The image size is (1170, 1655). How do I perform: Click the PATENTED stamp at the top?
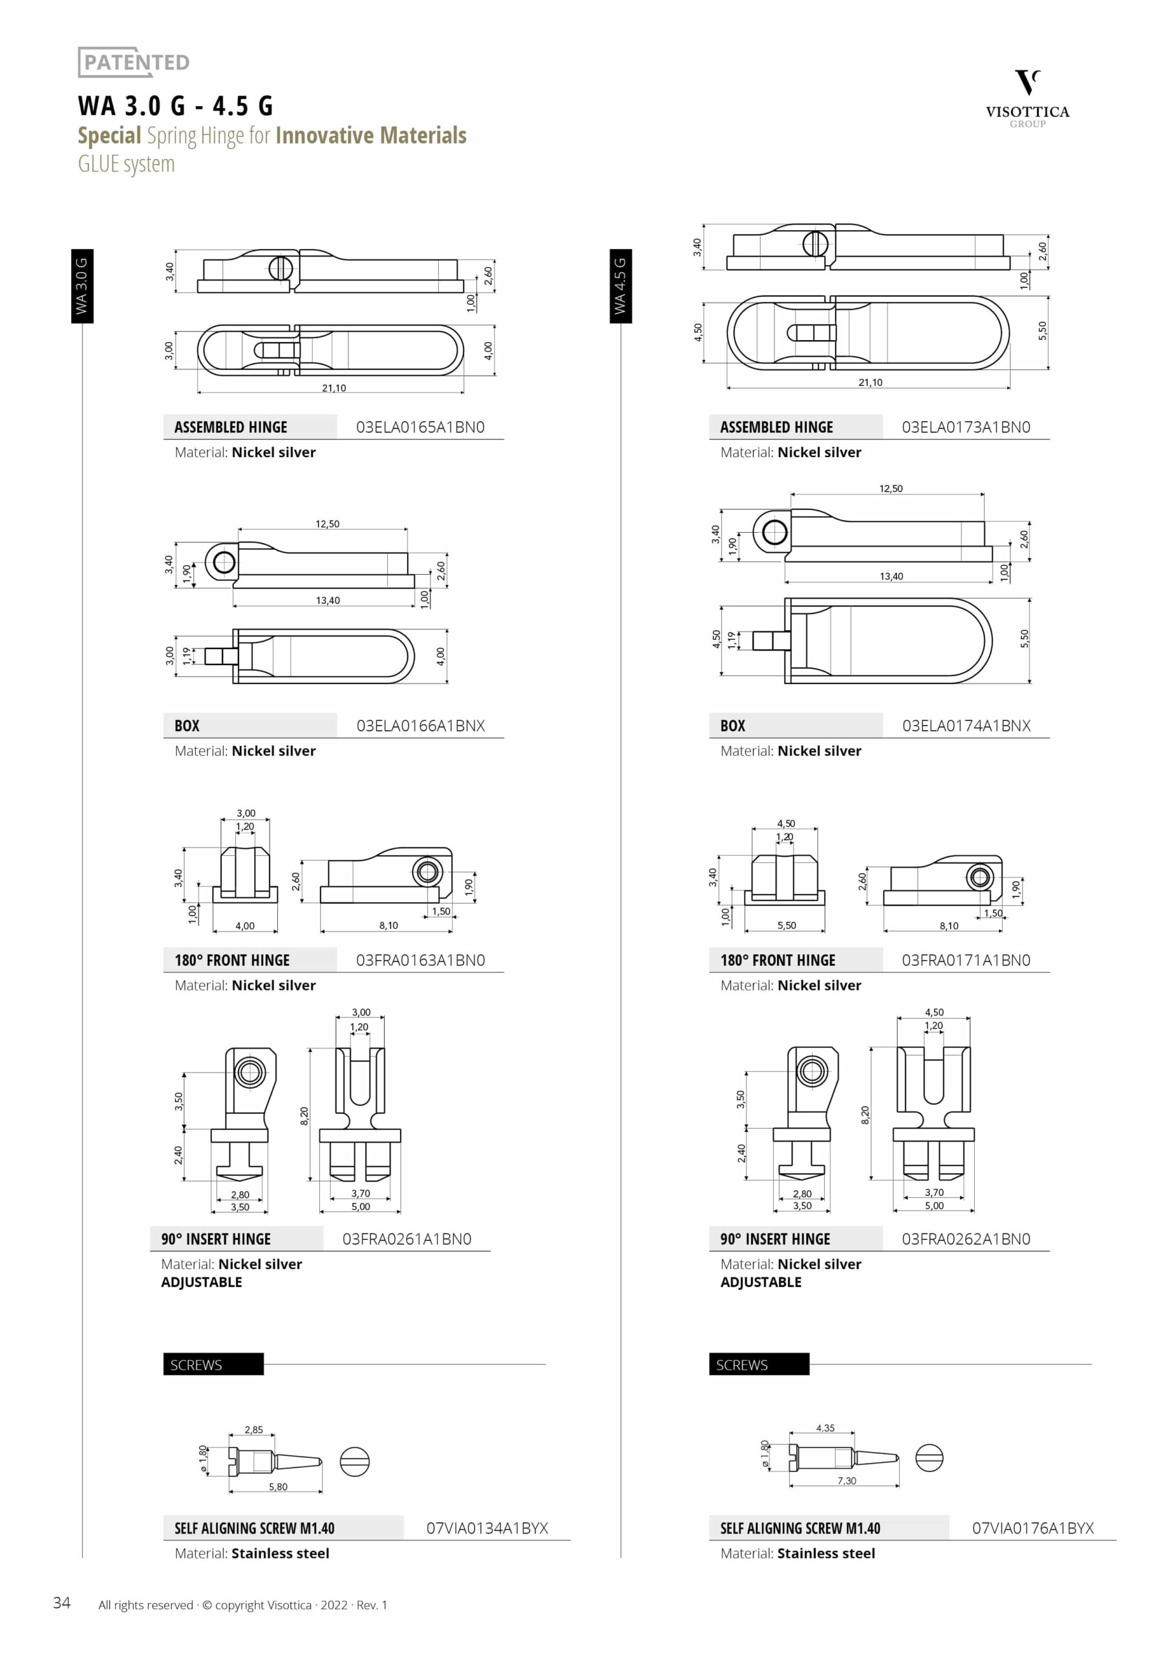(x=134, y=62)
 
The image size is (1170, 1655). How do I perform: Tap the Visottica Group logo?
(x=1027, y=99)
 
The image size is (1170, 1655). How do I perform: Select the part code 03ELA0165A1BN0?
(x=420, y=427)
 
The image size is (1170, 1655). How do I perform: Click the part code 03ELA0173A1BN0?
(x=966, y=427)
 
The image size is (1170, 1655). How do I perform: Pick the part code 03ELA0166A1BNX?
(x=420, y=725)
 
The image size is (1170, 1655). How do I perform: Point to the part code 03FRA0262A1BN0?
(x=966, y=1239)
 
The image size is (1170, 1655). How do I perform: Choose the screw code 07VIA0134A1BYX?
(x=487, y=1528)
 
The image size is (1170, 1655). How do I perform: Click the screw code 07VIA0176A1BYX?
(x=1033, y=1528)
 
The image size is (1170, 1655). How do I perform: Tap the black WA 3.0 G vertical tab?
(x=82, y=286)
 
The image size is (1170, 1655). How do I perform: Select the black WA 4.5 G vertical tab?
(x=621, y=286)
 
